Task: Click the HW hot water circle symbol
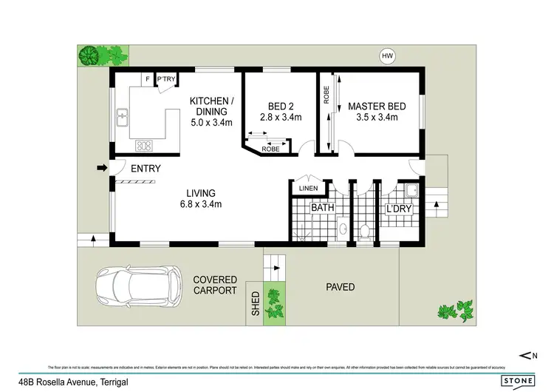coord(386,55)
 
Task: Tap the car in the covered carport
coord(137,284)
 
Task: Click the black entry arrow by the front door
coord(102,169)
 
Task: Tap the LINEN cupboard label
coord(307,189)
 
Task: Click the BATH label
coord(322,209)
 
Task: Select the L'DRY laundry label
coord(399,209)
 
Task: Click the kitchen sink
coord(123,117)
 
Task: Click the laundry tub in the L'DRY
coord(412,191)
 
